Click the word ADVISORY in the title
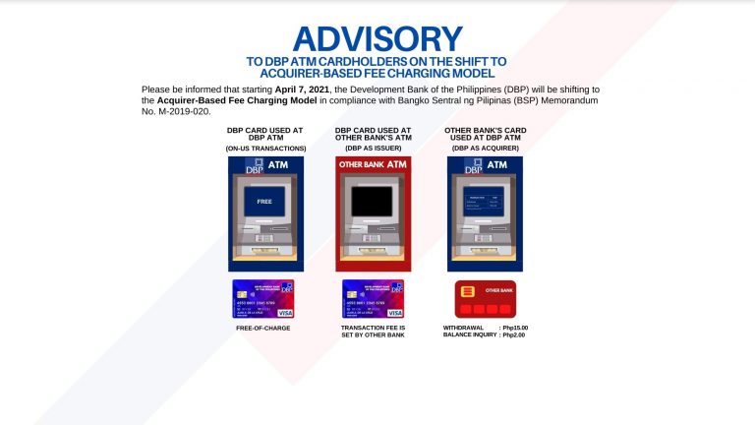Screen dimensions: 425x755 pos(377,38)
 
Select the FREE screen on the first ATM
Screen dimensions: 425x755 pos(263,202)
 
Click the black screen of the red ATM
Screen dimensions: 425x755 pos(373,202)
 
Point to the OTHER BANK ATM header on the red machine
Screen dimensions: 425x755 pos(373,164)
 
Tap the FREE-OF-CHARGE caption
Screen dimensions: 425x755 pos(263,327)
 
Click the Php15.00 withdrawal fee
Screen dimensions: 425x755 pos(515,327)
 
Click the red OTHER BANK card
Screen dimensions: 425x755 pos(485,298)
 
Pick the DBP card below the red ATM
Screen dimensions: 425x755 pos(373,299)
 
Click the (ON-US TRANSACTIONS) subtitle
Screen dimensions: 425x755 pos(266,148)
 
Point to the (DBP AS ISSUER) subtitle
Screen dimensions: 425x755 pos(373,148)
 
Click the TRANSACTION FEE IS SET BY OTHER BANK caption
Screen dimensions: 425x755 pos(373,332)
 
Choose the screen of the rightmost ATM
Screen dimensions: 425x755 pos(484,202)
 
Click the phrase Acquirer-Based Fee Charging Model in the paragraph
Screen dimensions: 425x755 pos(214,99)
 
